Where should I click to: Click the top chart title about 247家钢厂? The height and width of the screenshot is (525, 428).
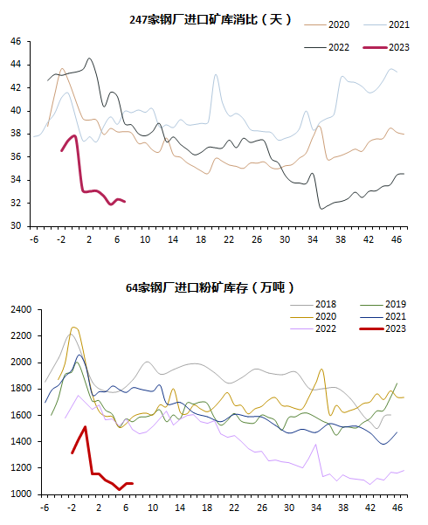pyautogui.click(x=210, y=19)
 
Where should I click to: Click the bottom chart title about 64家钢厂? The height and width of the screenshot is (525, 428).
pyautogui.click(x=210, y=287)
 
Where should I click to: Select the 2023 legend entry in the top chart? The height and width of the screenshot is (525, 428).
pyautogui.click(x=386, y=47)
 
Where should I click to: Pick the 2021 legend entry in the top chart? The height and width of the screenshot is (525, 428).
pyautogui.click(x=386, y=24)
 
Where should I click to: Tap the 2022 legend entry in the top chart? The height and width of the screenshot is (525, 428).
pyautogui.click(x=327, y=47)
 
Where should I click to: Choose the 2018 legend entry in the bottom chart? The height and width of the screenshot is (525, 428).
pyautogui.click(x=313, y=304)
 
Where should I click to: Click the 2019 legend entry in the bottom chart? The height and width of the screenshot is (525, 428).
pyautogui.click(x=383, y=304)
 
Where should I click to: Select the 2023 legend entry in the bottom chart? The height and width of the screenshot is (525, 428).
pyautogui.click(x=383, y=328)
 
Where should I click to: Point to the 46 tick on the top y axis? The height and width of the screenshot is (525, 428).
pyautogui.click(x=16, y=42)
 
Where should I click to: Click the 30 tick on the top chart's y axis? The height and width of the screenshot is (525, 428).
pyautogui.click(x=16, y=226)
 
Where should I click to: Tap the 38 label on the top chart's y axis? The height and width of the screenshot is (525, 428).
pyautogui.click(x=16, y=134)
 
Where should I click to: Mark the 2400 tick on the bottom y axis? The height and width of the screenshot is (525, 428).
pyautogui.click(x=21, y=309)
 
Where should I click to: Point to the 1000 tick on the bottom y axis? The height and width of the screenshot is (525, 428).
pyautogui.click(x=21, y=494)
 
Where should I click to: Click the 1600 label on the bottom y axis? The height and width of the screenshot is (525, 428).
pyautogui.click(x=21, y=415)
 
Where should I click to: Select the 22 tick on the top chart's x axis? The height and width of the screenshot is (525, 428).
pyautogui.click(x=229, y=239)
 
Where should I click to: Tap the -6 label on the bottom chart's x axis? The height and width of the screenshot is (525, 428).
pyautogui.click(x=45, y=508)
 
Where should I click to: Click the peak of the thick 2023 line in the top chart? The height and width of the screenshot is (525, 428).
pyautogui.click(x=75, y=135)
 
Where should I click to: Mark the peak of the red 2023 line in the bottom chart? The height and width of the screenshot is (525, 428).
pyautogui.click(x=86, y=426)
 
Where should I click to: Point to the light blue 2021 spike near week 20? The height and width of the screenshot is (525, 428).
pyautogui.click(x=216, y=74)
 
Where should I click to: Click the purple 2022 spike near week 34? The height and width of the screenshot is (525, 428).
pyautogui.click(x=315, y=445)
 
